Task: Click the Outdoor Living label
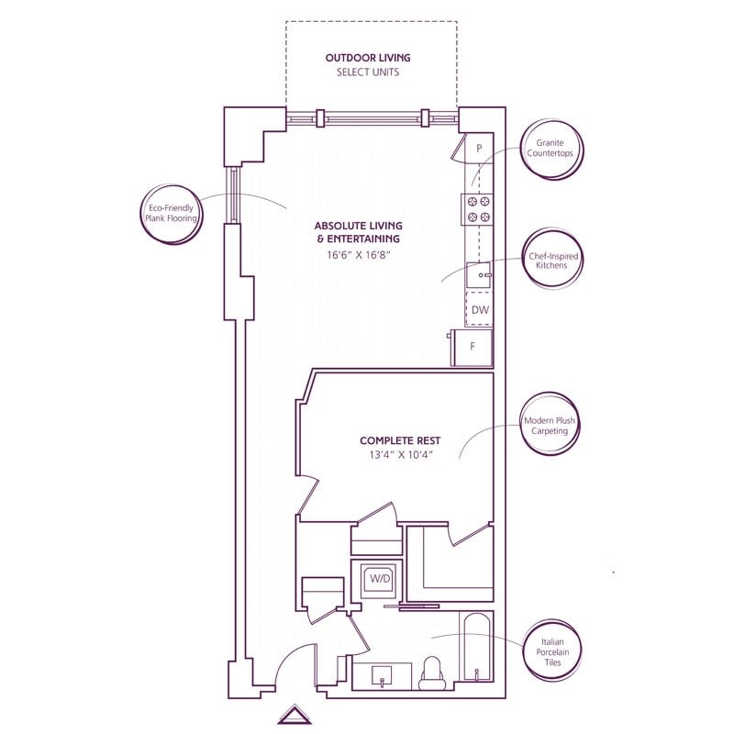click(367, 58)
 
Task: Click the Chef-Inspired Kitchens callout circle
click(550, 260)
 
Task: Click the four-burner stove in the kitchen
click(478, 209)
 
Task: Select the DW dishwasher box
click(479, 310)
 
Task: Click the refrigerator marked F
click(473, 347)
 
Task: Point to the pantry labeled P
click(479, 148)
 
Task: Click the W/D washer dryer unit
click(378, 580)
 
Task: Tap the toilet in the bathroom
click(431, 675)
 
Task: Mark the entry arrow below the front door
click(295, 715)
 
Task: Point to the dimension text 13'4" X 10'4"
click(396, 454)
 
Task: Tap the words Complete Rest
click(396, 439)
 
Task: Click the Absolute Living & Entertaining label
click(358, 232)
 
